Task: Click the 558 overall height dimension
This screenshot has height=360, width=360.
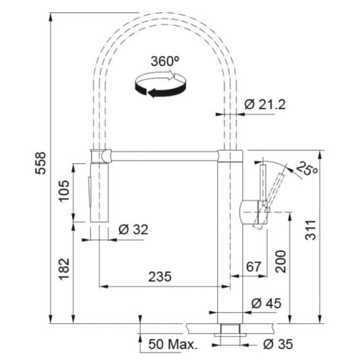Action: (40, 163)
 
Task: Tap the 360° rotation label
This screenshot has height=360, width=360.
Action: (165, 61)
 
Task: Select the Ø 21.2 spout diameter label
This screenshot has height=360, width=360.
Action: (265, 104)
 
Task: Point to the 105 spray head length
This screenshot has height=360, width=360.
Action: (64, 191)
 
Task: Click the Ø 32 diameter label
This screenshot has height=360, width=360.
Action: (134, 230)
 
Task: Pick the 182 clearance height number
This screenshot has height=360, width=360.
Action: (64, 269)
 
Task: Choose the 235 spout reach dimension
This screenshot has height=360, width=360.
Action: (160, 276)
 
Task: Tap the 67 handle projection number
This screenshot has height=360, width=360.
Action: (253, 267)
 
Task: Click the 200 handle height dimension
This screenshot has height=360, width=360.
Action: (281, 262)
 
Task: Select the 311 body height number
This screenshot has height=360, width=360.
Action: (310, 230)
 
